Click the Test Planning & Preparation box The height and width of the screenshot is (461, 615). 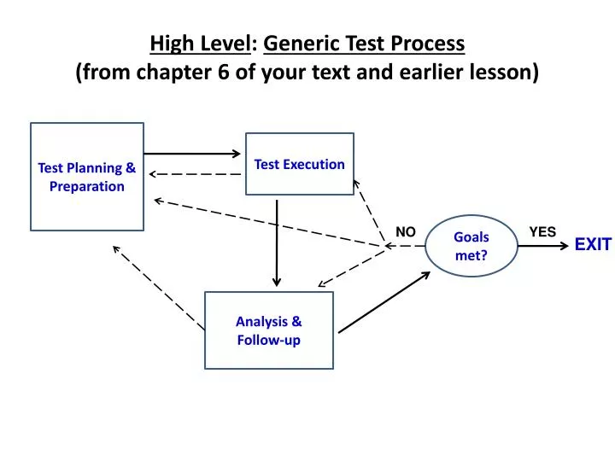click(x=86, y=177)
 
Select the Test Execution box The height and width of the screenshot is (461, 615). click(x=299, y=164)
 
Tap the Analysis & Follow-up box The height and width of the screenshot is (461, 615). click(x=268, y=330)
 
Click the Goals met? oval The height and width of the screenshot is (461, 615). click(x=471, y=246)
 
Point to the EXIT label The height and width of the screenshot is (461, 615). click(x=592, y=245)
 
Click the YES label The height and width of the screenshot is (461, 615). click(x=542, y=231)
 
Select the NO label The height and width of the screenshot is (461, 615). click(x=405, y=232)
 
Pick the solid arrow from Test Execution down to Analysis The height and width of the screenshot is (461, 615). click(x=276, y=243)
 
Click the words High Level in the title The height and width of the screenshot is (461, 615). click(x=201, y=43)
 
